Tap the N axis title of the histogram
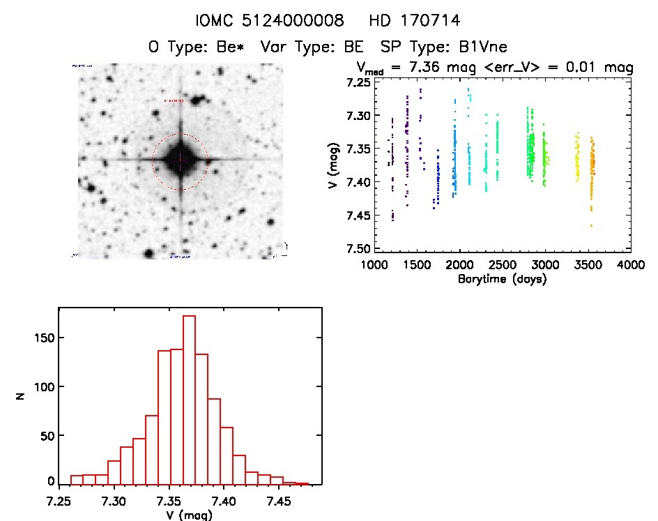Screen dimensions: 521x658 22,396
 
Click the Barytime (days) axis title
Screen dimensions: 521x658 502,279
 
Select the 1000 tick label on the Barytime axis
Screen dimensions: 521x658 374,265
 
